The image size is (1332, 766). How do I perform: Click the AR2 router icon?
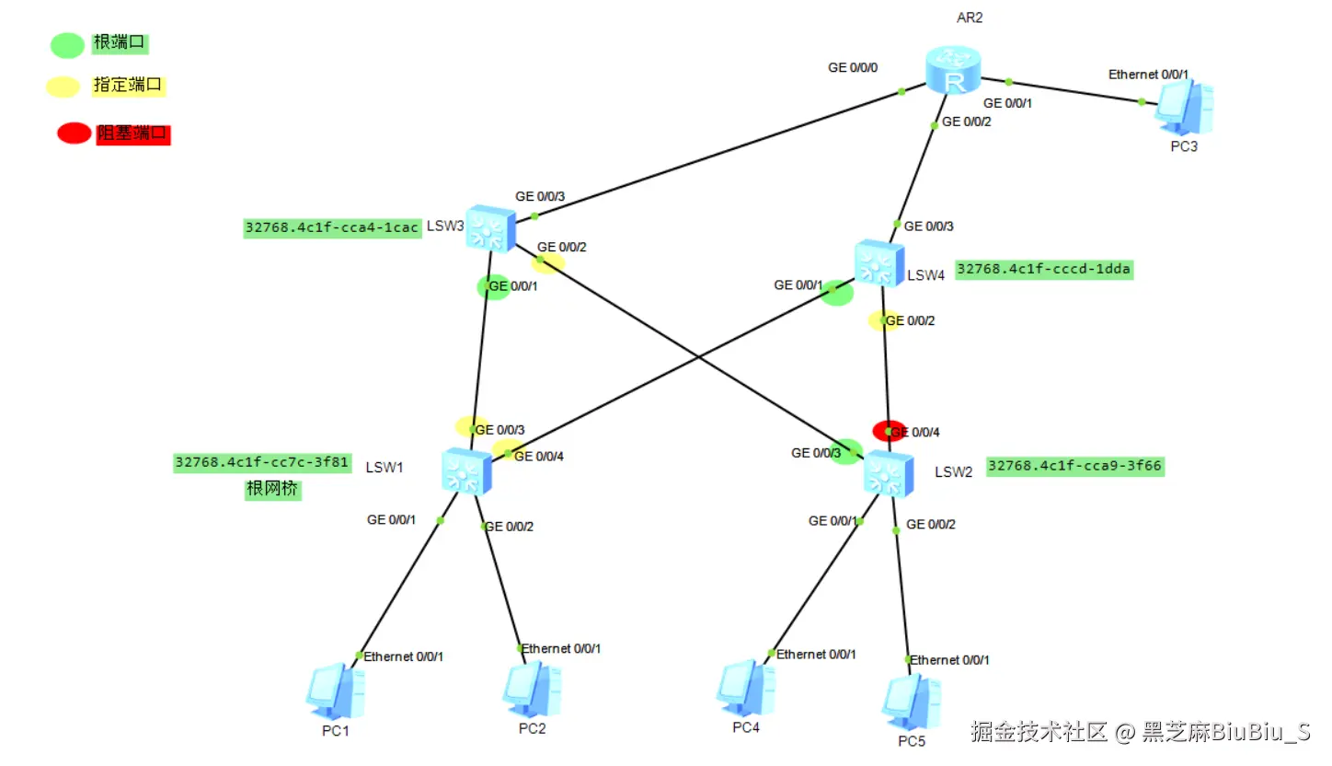point(954,72)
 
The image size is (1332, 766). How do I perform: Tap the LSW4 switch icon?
point(879,263)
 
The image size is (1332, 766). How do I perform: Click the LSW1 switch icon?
point(467,471)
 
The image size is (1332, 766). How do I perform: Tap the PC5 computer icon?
point(911,702)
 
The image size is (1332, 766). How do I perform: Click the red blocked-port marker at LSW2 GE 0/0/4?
point(889,430)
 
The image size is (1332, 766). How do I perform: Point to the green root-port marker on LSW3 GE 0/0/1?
point(493,286)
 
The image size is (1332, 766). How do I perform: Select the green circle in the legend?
point(67,44)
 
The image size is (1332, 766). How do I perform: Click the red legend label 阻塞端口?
point(134,133)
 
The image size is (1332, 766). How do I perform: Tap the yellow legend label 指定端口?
point(128,86)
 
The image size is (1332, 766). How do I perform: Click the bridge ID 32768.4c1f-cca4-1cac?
point(332,227)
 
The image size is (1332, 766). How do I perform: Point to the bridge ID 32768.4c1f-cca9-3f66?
point(1074,466)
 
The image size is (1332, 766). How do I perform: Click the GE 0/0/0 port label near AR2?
point(853,67)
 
